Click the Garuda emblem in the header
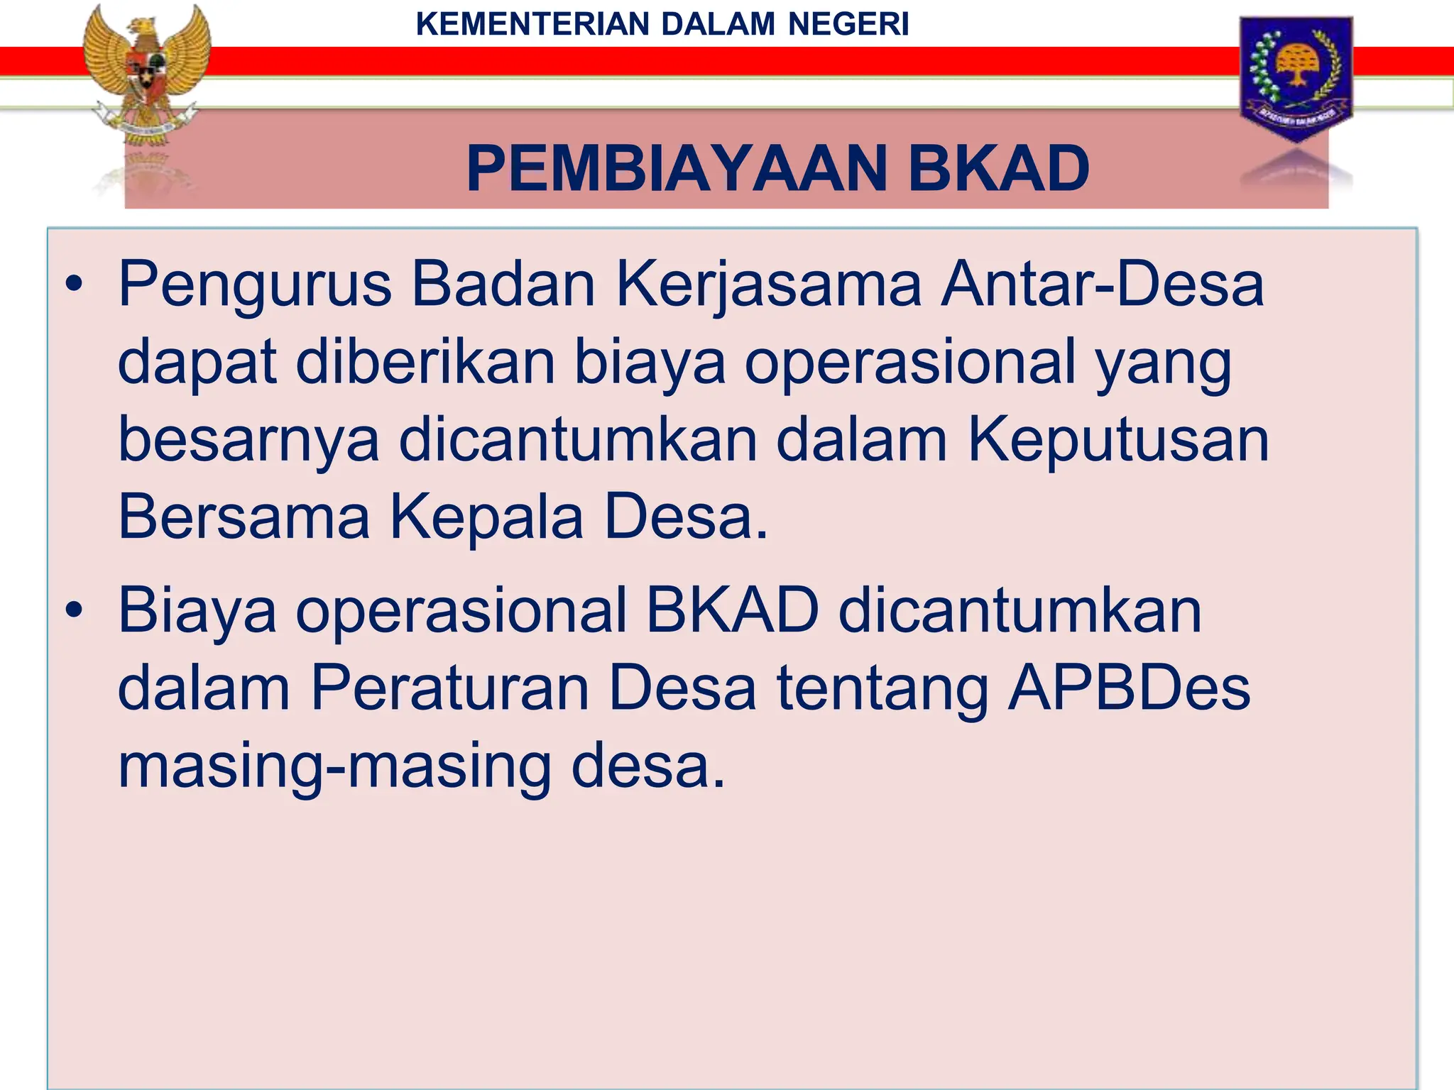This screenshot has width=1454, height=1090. [x=146, y=78]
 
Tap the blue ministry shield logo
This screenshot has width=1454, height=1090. [x=1296, y=77]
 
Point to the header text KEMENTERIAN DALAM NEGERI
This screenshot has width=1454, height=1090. [x=662, y=24]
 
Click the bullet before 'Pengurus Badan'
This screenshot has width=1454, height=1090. [x=74, y=285]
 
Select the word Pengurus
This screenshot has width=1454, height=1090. [x=255, y=285]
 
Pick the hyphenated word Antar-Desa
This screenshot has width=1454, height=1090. [x=1102, y=284]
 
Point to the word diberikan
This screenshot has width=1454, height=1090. [x=425, y=362]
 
